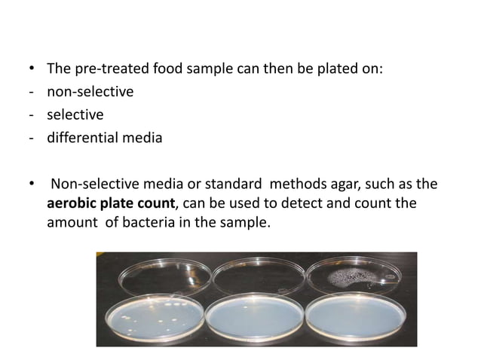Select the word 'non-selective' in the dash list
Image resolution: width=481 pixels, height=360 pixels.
pos(90,92)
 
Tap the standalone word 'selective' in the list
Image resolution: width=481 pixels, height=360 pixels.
pos(75,114)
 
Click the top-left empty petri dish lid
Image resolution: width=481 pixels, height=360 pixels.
pos(155,278)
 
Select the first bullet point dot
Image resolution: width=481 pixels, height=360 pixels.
pos(31,70)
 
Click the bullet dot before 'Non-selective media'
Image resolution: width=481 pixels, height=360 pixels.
pos(31,183)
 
